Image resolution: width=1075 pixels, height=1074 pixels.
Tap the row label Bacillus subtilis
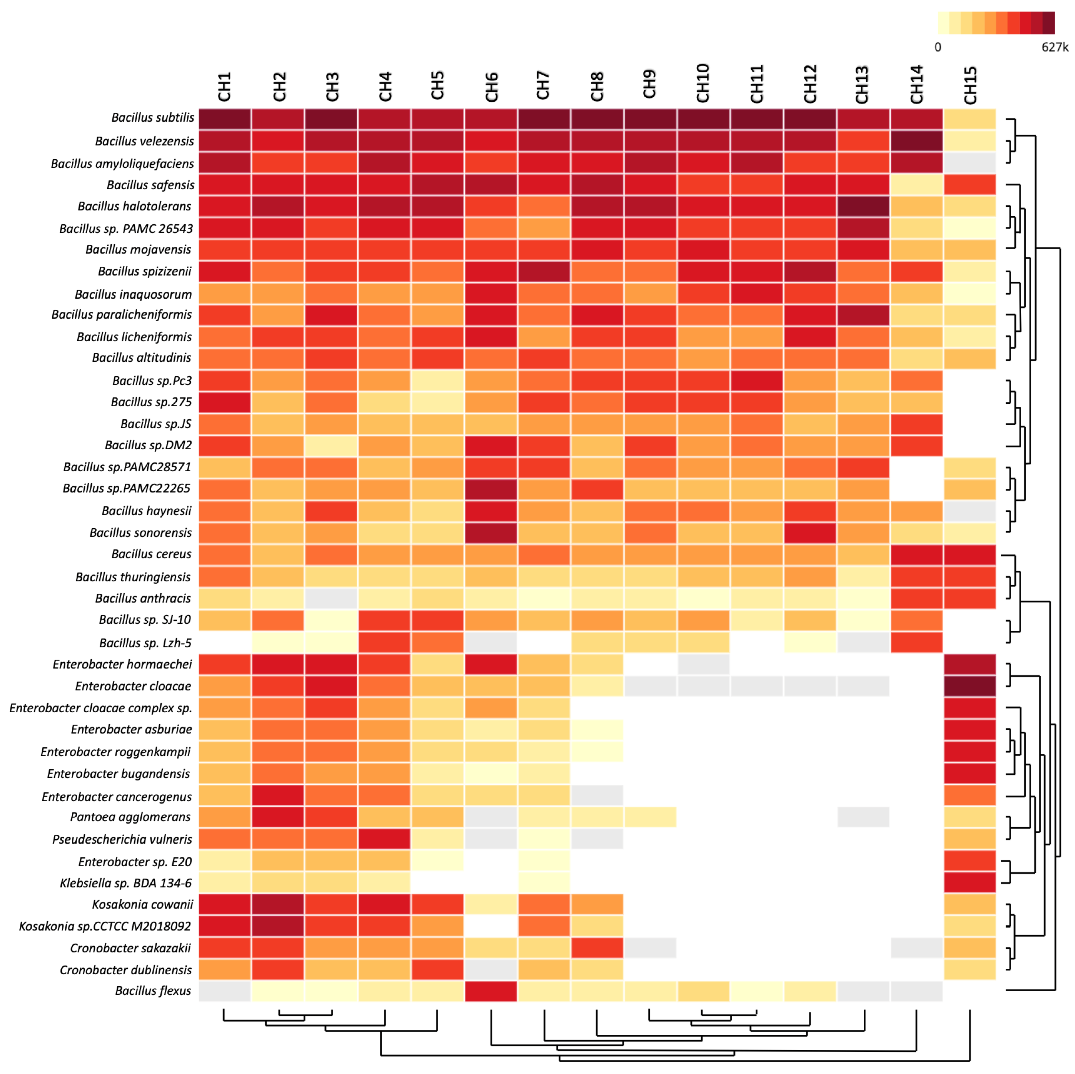coord(152,117)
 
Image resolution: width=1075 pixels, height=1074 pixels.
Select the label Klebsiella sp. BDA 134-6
coord(126,883)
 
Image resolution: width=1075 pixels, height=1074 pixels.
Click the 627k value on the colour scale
coord(1054,47)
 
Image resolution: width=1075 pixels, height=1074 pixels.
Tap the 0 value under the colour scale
coord(938,47)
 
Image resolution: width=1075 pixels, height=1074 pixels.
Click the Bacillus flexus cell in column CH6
coord(491,991)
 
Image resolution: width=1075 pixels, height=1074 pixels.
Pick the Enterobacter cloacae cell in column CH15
coord(970,686)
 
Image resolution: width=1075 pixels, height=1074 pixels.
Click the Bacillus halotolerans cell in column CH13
coord(863,206)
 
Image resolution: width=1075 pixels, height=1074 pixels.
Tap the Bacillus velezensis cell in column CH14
coord(916,141)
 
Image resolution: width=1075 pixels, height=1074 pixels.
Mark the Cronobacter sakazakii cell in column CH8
coord(597,948)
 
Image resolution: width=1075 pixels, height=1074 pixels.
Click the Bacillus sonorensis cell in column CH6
coord(491,532)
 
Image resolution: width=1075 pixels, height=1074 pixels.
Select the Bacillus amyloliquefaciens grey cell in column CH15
coord(970,162)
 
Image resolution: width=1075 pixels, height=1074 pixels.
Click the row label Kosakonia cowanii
coord(142,904)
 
